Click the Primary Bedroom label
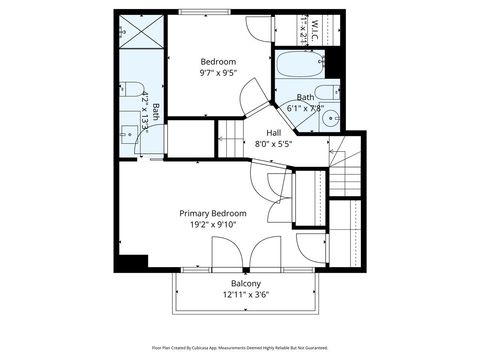pyautogui.click(x=213, y=213)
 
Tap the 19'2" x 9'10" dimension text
pyautogui.click(x=213, y=225)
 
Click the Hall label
pyautogui.click(x=273, y=132)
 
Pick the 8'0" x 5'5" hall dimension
pyautogui.click(x=273, y=144)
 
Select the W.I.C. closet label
pyautogui.click(x=314, y=23)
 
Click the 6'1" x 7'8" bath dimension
pyautogui.click(x=304, y=108)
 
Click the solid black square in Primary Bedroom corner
pyautogui.click(x=131, y=262)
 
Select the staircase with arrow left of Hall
pyautogui.click(x=231, y=133)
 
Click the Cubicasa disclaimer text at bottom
pyautogui.click(x=240, y=348)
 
